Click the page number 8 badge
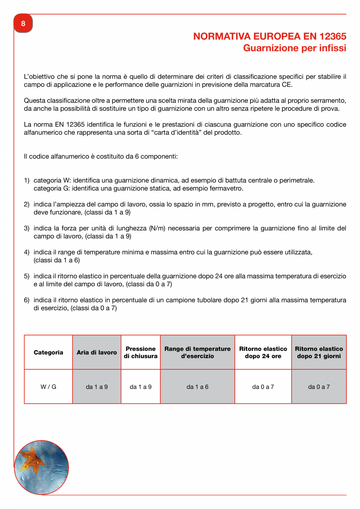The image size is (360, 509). click(23, 23)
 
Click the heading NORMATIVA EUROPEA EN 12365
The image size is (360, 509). click(270, 36)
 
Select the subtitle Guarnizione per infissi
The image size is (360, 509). click(294, 48)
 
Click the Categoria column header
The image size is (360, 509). click(48, 353)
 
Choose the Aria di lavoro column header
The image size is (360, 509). click(97, 353)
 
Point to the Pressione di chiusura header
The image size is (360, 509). click(140, 353)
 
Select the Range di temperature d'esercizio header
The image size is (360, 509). click(197, 353)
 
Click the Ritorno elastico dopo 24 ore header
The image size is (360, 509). click(263, 353)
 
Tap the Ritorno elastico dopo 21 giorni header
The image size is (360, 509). click(319, 353)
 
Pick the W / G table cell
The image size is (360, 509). click(48, 387)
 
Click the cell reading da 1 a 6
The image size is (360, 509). click(197, 387)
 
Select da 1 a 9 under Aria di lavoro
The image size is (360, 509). click(97, 387)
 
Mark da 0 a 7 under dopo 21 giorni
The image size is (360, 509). click(319, 387)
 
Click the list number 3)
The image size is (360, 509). click(27, 228)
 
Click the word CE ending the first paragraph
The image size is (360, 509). click(287, 85)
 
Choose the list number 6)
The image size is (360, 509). click(27, 300)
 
